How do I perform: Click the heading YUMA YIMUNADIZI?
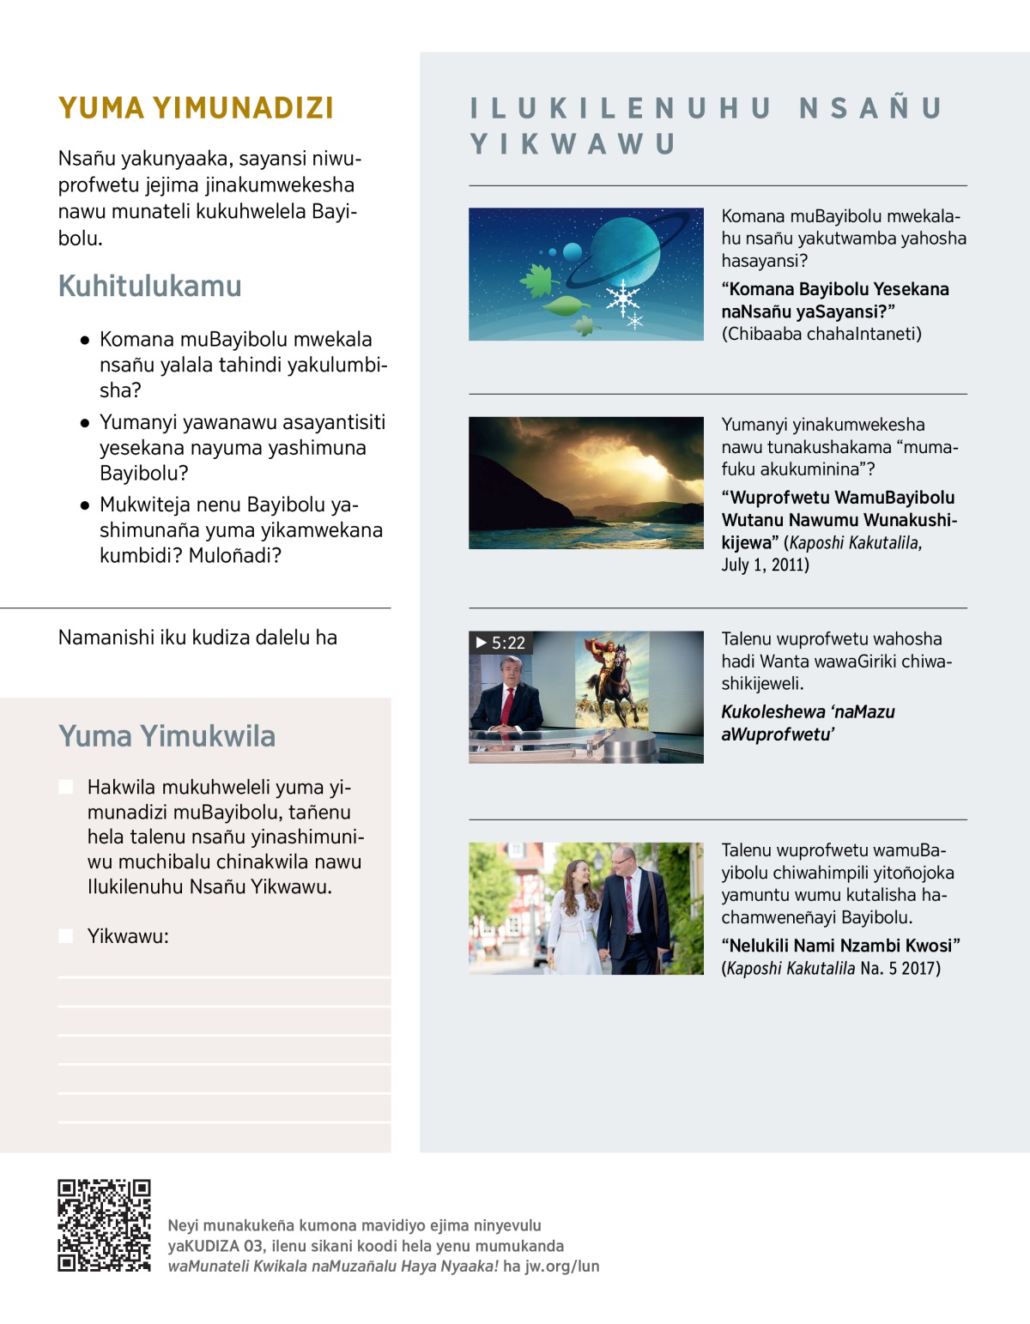[x=196, y=108]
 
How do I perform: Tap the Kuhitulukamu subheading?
[x=150, y=286]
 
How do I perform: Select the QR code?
[x=104, y=1225]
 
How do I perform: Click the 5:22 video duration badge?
[x=501, y=643]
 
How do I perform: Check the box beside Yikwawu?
[x=66, y=935]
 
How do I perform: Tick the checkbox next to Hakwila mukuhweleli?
[x=66, y=787]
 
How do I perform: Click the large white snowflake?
[x=622, y=298]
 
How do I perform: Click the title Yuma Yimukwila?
[x=167, y=736]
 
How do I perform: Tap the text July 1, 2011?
[x=765, y=565]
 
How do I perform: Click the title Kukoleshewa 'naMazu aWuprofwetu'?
[x=807, y=722]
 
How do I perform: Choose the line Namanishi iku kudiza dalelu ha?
[x=197, y=638]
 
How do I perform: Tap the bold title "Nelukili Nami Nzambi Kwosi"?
[x=840, y=946]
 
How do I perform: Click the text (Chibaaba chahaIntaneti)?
[x=821, y=334]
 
